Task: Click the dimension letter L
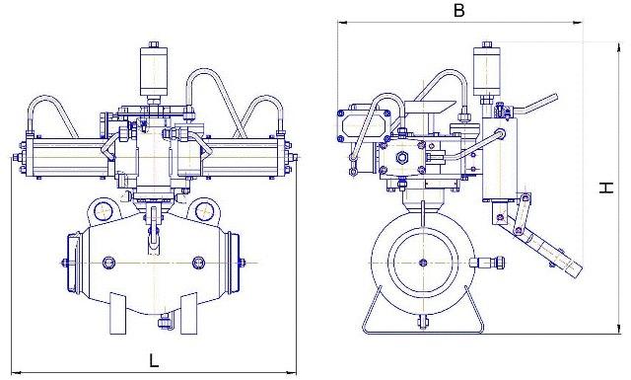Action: tap(154, 360)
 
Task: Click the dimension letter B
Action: tap(458, 10)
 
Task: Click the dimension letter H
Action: tap(606, 188)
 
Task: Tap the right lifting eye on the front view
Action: tap(204, 210)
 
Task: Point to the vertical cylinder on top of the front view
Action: tap(154, 70)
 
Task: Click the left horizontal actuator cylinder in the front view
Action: tap(68, 157)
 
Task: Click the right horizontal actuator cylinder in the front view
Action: tap(244, 157)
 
